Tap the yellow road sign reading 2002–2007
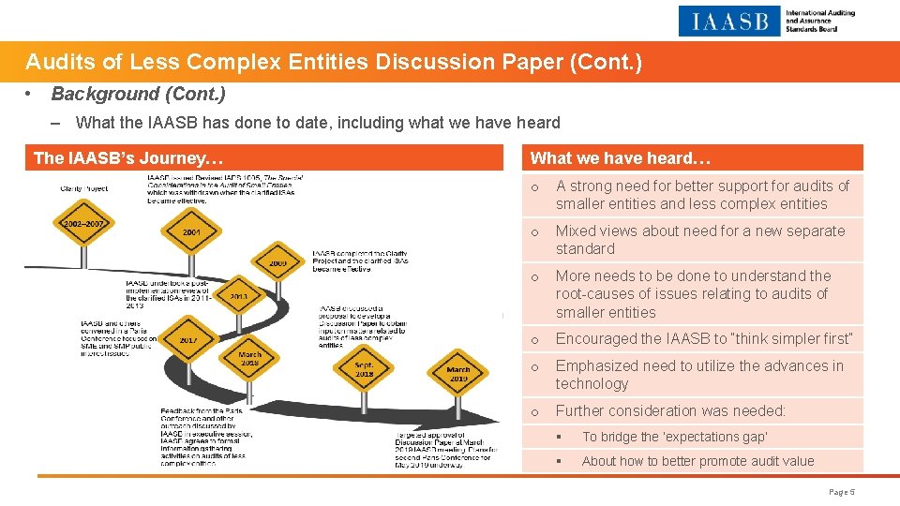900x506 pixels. click(84, 225)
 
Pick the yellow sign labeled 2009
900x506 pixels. click(277, 263)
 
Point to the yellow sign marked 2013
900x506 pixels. click(237, 295)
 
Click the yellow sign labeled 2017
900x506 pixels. click(188, 340)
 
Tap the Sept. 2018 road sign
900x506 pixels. click(365, 368)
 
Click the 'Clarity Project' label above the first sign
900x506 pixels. click(83, 187)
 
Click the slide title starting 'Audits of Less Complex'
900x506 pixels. click(333, 63)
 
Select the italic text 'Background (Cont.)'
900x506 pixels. click(138, 95)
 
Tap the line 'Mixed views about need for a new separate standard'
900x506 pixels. click(699, 240)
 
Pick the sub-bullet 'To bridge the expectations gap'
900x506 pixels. click(674, 437)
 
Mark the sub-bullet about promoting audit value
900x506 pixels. click(697, 461)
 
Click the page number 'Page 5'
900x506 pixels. click(842, 491)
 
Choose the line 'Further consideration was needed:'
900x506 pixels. click(670, 410)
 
